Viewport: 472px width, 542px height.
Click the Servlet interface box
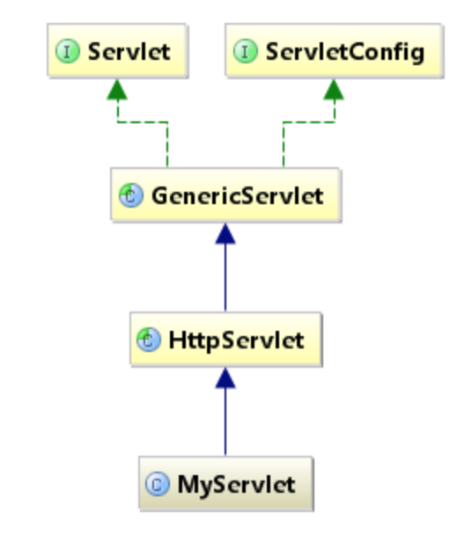point(117,50)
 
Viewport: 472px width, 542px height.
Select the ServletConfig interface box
point(334,50)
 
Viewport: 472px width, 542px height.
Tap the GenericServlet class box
point(226,195)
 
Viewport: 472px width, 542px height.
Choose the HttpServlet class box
point(226,339)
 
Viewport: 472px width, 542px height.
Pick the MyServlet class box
point(226,483)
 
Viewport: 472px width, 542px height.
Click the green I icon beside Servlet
point(68,51)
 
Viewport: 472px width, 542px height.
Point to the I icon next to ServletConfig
point(246,51)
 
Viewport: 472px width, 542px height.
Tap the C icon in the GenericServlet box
point(131,195)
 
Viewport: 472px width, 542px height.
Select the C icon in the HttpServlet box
point(149,340)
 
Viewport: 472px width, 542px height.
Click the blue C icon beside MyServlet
point(158,484)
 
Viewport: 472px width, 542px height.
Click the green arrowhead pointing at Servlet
point(117,90)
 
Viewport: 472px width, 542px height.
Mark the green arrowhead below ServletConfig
point(334,90)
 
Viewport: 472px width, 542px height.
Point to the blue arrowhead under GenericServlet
point(225,234)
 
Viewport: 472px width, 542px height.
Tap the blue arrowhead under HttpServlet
point(225,377)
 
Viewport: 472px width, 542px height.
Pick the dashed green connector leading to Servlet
point(143,122)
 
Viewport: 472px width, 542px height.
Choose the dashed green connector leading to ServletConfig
point(309,122)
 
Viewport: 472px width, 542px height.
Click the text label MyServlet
point(236,485)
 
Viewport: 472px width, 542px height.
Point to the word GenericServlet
point(238,195)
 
